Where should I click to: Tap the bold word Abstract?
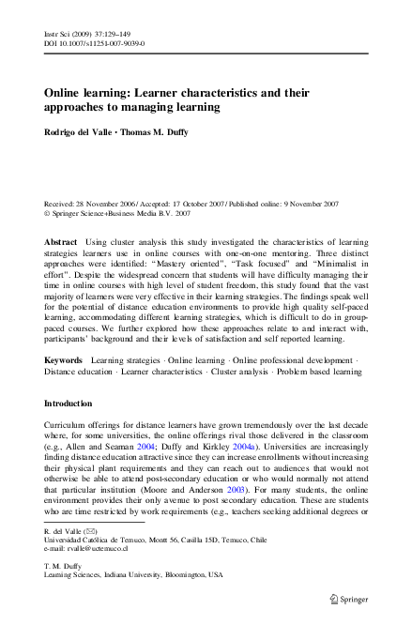61,242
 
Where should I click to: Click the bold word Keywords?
64,361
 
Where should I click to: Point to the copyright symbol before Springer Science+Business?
48,213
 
